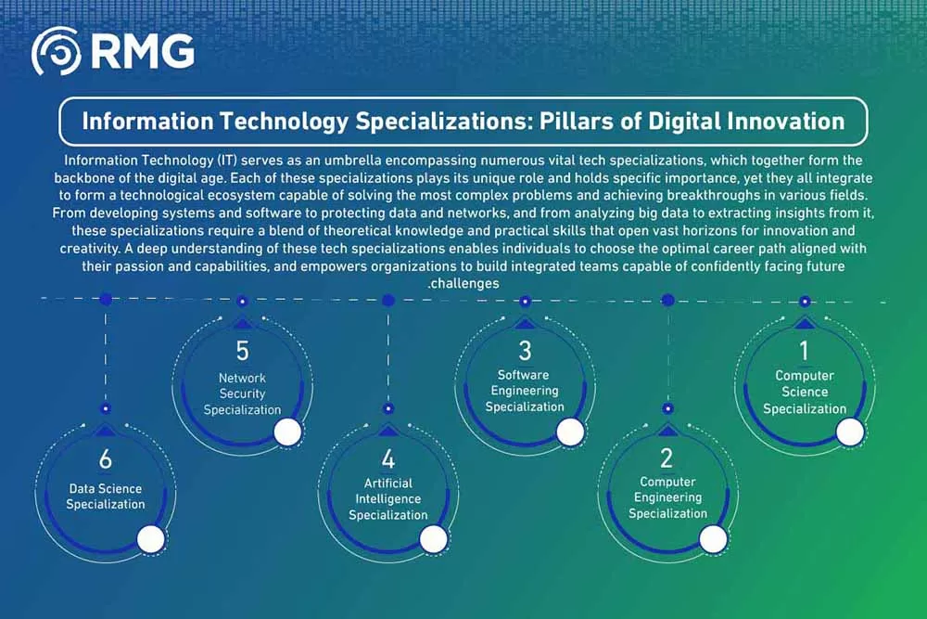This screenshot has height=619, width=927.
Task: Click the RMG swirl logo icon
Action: tap(57, 51)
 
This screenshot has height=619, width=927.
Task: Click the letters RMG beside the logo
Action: tap(143, 51)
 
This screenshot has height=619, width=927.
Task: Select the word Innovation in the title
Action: tap(786, 122)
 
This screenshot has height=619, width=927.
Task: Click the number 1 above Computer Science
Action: tap(804, 351)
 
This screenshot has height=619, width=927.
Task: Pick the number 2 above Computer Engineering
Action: tap(667, 458)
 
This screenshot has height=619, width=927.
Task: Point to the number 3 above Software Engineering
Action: tap(525, 351)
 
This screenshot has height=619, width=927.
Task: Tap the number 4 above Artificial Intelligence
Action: tap(387, 458)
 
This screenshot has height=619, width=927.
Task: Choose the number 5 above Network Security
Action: tap(242, 351)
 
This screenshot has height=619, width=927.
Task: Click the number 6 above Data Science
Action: tap(106, 458)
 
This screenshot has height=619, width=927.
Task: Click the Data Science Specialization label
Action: tap(106, 496)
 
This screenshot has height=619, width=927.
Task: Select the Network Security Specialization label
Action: tap(242, 393)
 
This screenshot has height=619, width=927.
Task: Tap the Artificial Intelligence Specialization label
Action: tap(387, 499)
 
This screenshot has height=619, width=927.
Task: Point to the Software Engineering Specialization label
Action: tap(525, 391)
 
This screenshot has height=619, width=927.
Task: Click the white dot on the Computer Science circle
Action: tap(850, 432)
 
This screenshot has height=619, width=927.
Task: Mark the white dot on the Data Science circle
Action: tap(151, 540)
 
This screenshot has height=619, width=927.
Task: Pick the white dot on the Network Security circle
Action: tap(288, 432)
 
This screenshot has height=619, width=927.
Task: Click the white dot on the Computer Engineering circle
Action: tap(713, 539)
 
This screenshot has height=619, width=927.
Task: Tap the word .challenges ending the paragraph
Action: tap(463, 283)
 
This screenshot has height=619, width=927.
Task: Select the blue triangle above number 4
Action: tap(387, 430)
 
